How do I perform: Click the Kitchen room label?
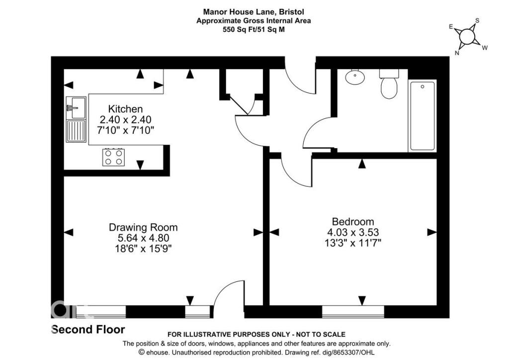click(x=126, y=109)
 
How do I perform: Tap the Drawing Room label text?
click(x=143, y=227)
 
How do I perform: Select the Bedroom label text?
click(x=353, y=222)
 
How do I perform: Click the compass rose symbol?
click(x=467, y=36)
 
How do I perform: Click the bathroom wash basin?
click(x=355, y=77)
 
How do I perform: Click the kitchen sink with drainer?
click(x=76, y=119)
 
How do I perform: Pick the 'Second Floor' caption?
click(x=88, y=329)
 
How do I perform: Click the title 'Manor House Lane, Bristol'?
click(x=254, y=11)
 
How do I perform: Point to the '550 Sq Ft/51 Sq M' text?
click(x=254, y=30)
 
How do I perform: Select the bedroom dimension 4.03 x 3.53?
click(x=353, y=232)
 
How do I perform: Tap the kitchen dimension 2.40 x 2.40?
click(x=126, y=119)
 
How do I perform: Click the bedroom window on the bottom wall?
click(x=353, y=312)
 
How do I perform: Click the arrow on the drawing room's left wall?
click(x=69, y=232)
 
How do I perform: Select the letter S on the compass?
click(x=477, y=21)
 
